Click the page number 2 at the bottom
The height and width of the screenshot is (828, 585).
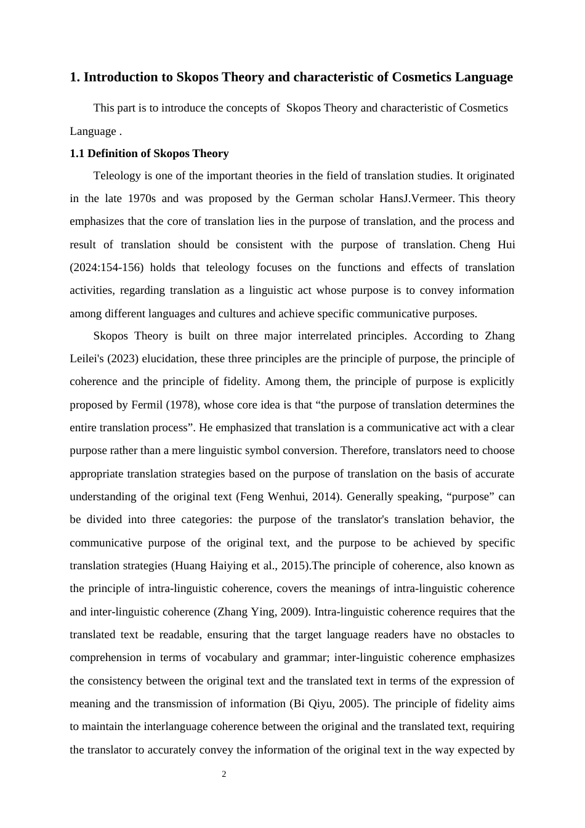[224, 774]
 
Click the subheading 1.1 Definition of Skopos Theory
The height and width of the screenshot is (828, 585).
[149, 153]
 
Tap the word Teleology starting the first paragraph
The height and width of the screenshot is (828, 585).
[117, 176]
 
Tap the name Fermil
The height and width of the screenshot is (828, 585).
[147, 405]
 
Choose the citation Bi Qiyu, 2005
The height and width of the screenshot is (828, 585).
[328, 704]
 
